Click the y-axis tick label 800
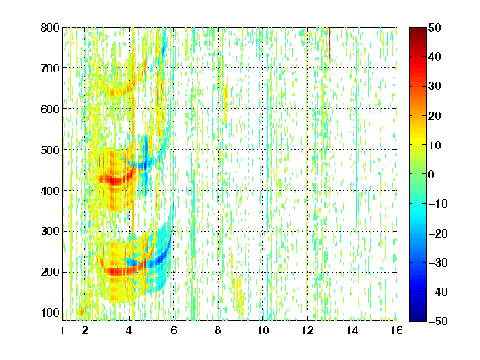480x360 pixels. (50, 27)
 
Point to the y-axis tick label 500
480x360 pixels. (50, 150)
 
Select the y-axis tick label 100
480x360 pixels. (50, 312)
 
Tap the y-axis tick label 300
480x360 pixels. (50, 232)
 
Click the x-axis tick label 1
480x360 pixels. (62, 330)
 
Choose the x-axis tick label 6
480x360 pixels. (174, 330)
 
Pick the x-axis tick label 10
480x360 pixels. (263, 330)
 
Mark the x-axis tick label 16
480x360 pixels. (397, 330)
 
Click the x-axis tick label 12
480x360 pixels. (307, 330)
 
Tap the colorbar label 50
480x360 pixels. (434, 27)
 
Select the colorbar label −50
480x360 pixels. (438, 321)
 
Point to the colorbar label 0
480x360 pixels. (432, 174)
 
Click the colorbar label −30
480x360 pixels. (438, 262)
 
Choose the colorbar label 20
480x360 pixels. (434, 116)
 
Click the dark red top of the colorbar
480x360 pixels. (417, 31)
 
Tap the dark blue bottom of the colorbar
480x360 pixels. (417, 317)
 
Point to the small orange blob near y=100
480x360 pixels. (81, 312)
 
